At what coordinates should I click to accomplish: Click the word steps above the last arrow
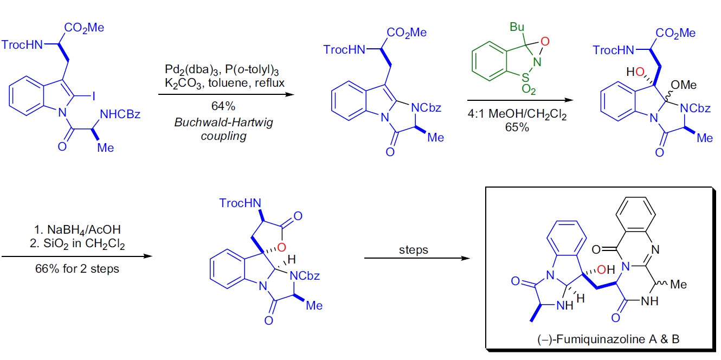tap(413, 250)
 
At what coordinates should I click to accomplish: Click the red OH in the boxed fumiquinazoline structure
tap(608, 269)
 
